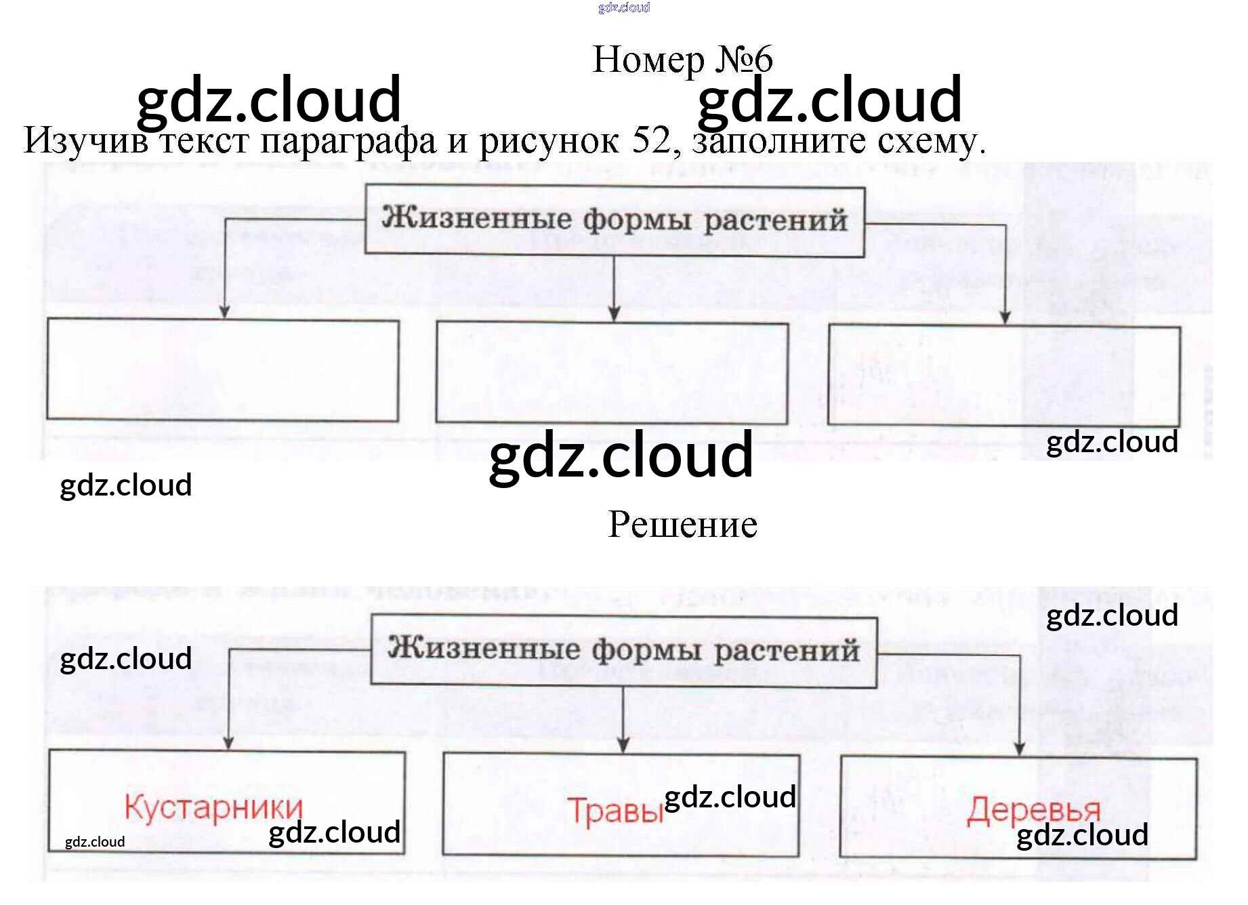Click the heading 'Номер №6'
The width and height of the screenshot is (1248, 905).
pos(682,60)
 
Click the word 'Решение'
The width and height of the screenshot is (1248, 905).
pos(682,525)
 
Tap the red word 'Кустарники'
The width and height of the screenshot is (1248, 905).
pos(213,807)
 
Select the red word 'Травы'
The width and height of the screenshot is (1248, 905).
pos(615,811)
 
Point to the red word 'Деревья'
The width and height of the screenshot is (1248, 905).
pos(1033,810)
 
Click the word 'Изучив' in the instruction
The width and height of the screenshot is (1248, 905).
pos(85,141)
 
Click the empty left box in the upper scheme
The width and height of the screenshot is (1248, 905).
pos(223,370)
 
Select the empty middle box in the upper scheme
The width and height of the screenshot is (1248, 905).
pos(612,374)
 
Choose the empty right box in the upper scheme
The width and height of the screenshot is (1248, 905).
pos(1003,376)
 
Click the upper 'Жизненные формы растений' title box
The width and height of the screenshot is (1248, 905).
pos(615,221)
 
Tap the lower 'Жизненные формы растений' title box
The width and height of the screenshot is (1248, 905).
pos(623,651)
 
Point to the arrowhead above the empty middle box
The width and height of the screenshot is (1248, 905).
pos(614,313)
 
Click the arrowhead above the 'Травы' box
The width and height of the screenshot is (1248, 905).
pos(623,745)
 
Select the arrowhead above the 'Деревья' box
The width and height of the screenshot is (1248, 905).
pos(1019,748)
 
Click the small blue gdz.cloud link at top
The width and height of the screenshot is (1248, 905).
pos(623,7)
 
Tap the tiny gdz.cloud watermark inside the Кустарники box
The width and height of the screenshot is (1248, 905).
pos(95,842)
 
